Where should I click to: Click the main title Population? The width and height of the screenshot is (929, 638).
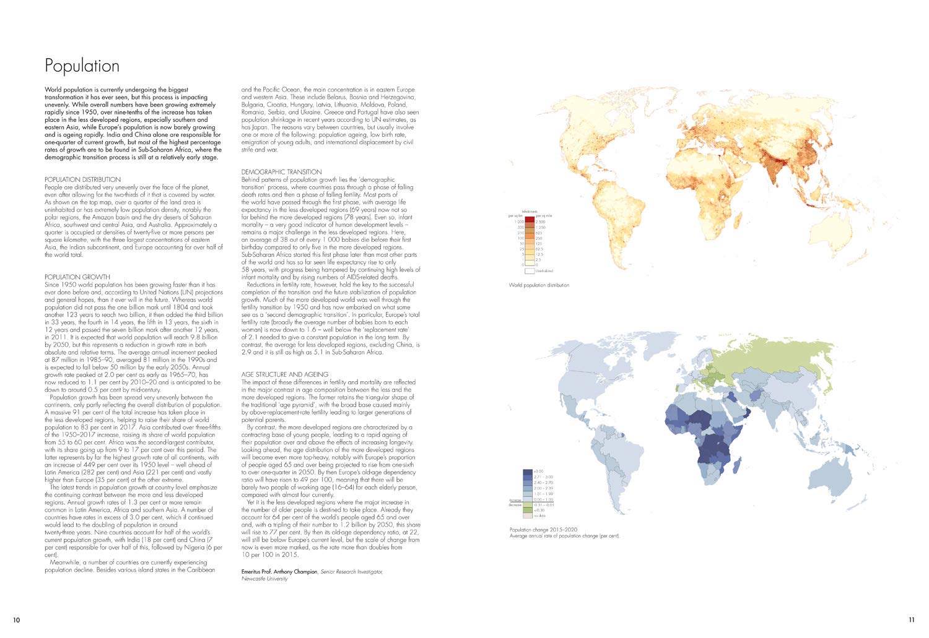point(82,66)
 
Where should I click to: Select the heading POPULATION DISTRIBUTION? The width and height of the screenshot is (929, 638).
point(82,179)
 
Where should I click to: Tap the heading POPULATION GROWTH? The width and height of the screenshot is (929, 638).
point(77,277)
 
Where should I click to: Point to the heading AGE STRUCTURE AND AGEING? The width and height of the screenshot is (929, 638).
point(284,374)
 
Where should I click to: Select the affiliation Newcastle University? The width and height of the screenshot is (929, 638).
point(264,579)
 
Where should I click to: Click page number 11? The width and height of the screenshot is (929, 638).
point(911,619)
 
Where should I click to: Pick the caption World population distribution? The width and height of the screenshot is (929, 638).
point(538,285)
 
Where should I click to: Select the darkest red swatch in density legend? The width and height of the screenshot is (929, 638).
point(530,221)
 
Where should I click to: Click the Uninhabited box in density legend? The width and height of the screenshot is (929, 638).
point(530,270)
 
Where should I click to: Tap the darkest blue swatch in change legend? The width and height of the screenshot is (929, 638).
point(528,472)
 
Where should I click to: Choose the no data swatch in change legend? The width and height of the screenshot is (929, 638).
point(528,515)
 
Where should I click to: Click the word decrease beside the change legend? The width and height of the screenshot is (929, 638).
point(515,504)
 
